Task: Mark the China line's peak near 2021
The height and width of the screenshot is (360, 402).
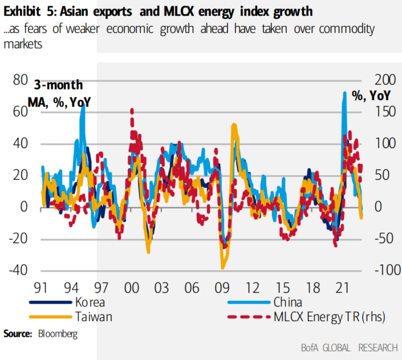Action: pos(344,93)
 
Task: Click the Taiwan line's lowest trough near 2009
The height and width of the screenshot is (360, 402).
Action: pos(223,267)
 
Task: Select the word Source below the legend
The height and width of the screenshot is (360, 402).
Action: pos(18,334)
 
